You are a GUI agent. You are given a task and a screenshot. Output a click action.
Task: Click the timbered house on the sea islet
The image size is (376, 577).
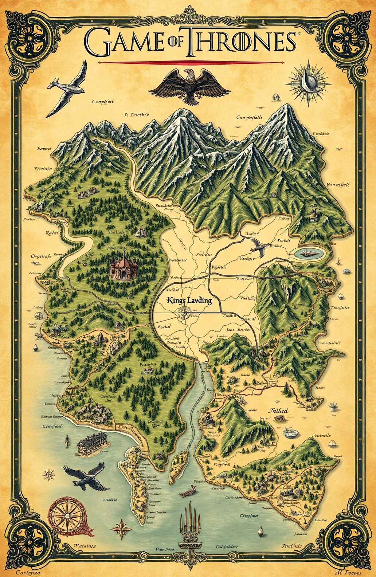click(x=92, y=443)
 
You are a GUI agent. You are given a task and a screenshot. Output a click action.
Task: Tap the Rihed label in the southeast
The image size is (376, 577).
click(x=278, y=411)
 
